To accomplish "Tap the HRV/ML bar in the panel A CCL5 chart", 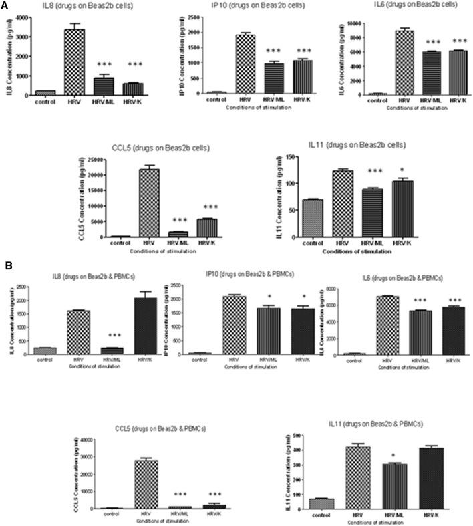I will coord(180,233).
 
